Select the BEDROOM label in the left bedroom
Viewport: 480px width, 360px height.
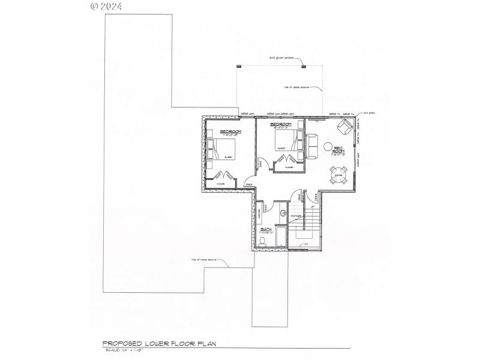[x=230, y=131]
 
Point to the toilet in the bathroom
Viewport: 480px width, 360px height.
[x=262, y=242]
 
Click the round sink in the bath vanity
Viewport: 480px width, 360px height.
[x=283, y=213]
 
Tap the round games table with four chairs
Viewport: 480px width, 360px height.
[x=338, y=175]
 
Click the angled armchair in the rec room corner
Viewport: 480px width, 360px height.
[x=344, y=127]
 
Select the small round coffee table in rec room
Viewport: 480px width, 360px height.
[x=328, y=145]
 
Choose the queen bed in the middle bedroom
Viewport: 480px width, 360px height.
[x=284, y=142]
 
